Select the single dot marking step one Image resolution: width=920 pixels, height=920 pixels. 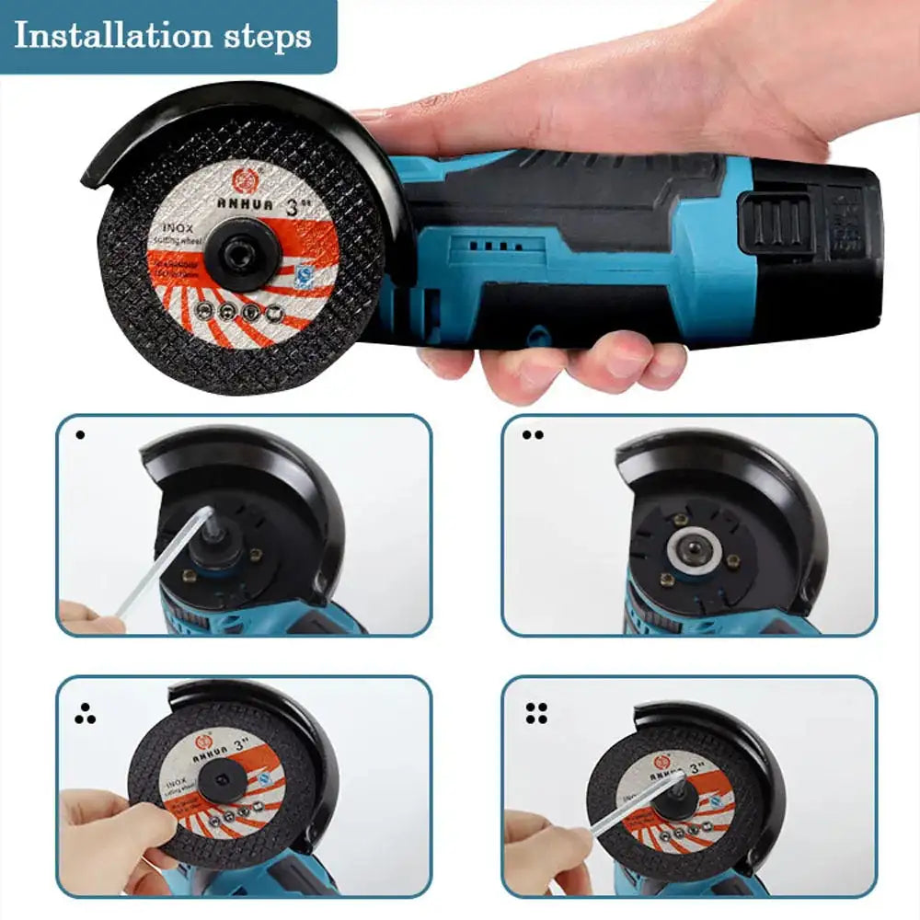coord(79,433)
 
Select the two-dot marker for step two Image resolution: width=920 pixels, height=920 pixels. coord(533,434)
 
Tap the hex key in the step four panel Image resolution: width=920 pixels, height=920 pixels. coord(635,805)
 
